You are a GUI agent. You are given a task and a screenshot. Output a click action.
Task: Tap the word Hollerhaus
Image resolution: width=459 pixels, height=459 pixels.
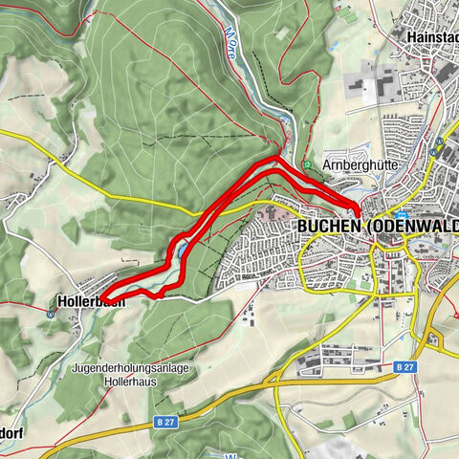[126, 380]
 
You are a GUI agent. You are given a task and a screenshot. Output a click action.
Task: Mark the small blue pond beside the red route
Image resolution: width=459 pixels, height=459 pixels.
[178, 251]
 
